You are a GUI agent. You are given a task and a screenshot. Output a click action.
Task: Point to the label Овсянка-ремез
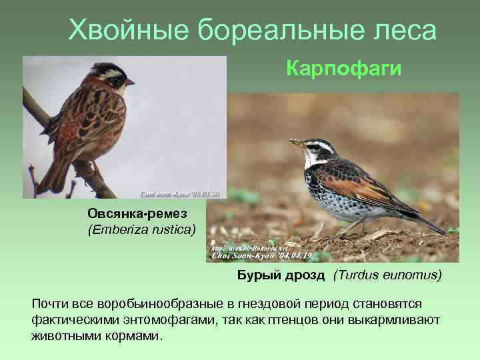click(x=137, y=213)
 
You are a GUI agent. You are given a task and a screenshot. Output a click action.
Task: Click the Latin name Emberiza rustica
click(x=141, y=230)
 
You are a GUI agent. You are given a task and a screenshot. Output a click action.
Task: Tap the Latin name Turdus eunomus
click(x=388, y=275)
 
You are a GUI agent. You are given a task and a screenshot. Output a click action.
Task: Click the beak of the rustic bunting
click(x=130, y=82)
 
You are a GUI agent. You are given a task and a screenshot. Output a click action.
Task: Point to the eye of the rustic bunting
click(x=119, y=79)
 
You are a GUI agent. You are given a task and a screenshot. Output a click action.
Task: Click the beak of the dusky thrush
click(x=295, y=142)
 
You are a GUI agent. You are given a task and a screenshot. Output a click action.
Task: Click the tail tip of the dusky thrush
click(x=440, y=230)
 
